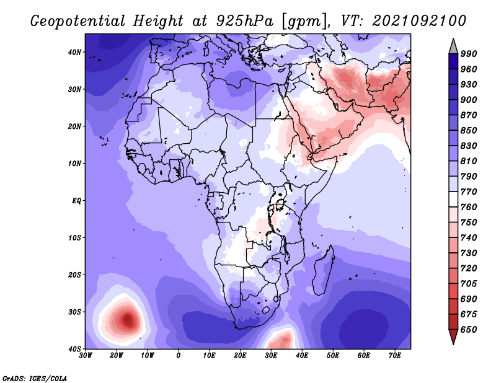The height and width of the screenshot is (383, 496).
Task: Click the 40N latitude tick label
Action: [x=74, y=52]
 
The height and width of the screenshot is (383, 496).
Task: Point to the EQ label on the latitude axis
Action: [x=76, y=201]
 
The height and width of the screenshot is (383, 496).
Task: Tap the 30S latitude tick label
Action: [x=74, y=312]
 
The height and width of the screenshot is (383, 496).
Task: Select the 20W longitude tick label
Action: [x=117, y=356]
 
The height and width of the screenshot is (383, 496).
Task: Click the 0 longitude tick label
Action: [x=179, y=356]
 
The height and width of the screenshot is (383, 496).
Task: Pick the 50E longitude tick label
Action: [x=333, y=356]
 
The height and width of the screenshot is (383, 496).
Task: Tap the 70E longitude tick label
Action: [x=395, y=356]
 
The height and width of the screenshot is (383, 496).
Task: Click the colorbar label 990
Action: [x=469, y=54]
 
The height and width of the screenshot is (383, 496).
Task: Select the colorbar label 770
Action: [x=469, y=191]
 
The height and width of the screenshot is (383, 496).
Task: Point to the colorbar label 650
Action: [x=469, y=330]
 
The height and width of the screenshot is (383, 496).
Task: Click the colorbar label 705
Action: [x=469, y=284]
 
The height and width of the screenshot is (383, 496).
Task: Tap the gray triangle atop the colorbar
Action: [x=453, y=48]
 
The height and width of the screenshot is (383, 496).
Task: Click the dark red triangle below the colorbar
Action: [x=453, y=335]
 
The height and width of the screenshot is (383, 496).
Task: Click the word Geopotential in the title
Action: [x=78, y=21]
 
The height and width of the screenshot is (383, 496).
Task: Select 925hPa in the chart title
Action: [x=244, y=21]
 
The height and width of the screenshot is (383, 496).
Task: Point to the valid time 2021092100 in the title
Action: [x=419, y=21]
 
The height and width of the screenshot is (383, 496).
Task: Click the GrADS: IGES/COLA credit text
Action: [x=35, y=378]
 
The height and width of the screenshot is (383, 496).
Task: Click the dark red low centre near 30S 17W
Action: [x=128, y=320]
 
